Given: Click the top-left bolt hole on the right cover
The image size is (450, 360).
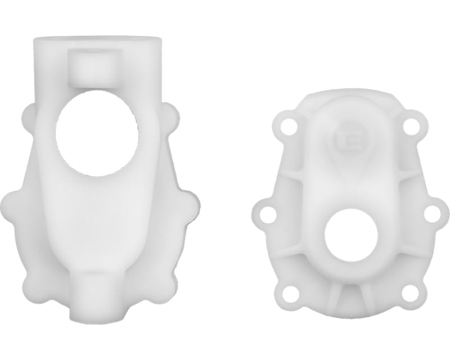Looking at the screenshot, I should point(289,126).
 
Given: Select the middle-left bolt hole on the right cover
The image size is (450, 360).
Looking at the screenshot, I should point(269,214).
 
